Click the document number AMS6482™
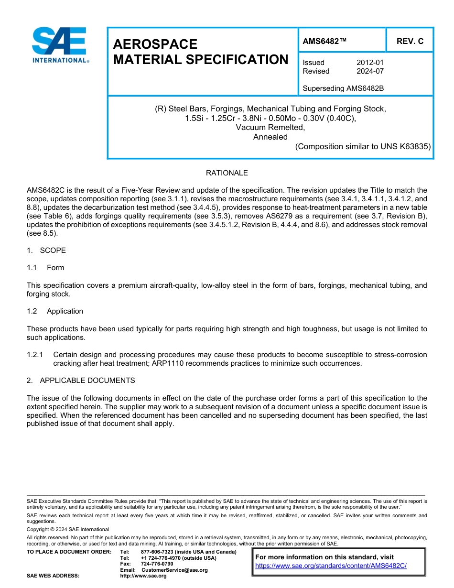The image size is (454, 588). [x=324, y=42]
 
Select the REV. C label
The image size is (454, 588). [x=410, y=42]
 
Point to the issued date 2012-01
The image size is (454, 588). [x=370, y=63]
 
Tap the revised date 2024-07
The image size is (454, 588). [x=370, y=71]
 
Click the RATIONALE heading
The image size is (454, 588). [x=227, y=173]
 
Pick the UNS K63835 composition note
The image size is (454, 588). [x=363, y=147]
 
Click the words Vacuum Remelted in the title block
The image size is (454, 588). [x=270, y=128]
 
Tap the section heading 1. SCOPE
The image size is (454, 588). [x=46, y=250]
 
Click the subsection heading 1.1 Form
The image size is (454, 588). [x=46, y=268]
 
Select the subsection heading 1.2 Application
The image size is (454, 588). [x=55, y=311]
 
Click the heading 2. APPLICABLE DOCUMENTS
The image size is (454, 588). [x=81, y=381]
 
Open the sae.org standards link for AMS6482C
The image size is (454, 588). [x=331, y=566]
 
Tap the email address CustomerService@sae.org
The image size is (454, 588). [x=174, y=570]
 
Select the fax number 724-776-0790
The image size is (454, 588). [x=157, y=564]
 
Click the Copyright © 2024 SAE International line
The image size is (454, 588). [x=68, y=530]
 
